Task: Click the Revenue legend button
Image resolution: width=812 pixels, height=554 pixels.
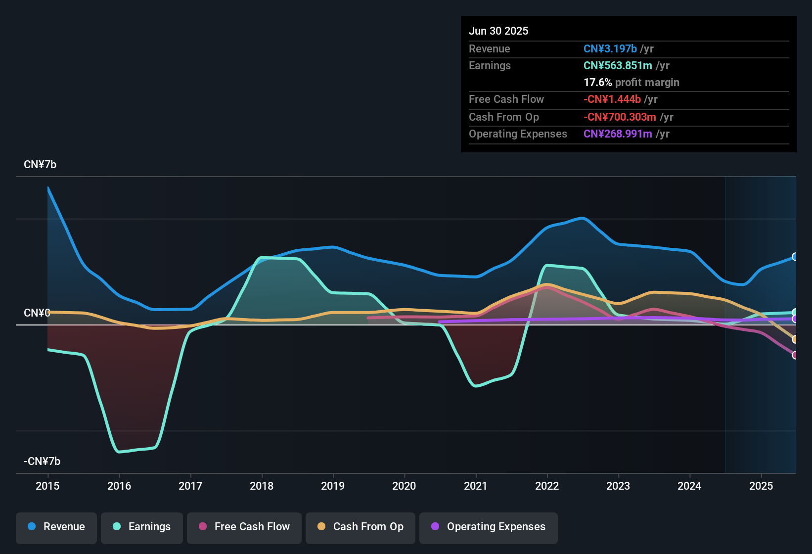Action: coord(56,527)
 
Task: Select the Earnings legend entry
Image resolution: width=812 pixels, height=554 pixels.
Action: coord(142,527)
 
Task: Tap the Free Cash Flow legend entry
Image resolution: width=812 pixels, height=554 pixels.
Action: coord(244,527)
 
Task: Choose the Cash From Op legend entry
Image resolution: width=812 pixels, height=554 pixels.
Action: coord(361,527)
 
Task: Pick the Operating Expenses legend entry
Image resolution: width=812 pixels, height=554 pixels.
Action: coord(489,527)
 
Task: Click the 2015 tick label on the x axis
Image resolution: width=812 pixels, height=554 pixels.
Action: coord(47,486)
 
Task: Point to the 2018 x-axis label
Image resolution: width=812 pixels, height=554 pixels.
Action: coord(262,486)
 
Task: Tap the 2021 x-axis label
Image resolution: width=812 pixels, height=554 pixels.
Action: coord(476,486)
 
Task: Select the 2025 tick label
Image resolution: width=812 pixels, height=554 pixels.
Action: coord(761,486)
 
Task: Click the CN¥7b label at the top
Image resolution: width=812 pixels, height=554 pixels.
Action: coord(40,165)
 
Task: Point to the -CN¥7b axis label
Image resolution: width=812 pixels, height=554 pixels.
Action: coord(42,462)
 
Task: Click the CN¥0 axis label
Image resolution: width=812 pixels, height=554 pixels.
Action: coord(37,313)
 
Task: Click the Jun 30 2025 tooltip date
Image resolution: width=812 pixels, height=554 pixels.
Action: coord(498,31)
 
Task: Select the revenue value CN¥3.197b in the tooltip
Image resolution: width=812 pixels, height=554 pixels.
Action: coord(610,48)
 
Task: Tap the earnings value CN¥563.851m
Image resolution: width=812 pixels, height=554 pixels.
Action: coord(618,65)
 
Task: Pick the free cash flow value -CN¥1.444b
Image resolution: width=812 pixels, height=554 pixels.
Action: coord(612,99)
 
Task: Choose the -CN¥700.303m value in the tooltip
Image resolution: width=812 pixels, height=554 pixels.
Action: coord(620,117)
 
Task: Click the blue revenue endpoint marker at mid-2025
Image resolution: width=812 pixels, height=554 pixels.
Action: coord(795,257)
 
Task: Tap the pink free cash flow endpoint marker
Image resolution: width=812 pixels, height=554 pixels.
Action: coord(795,355)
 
